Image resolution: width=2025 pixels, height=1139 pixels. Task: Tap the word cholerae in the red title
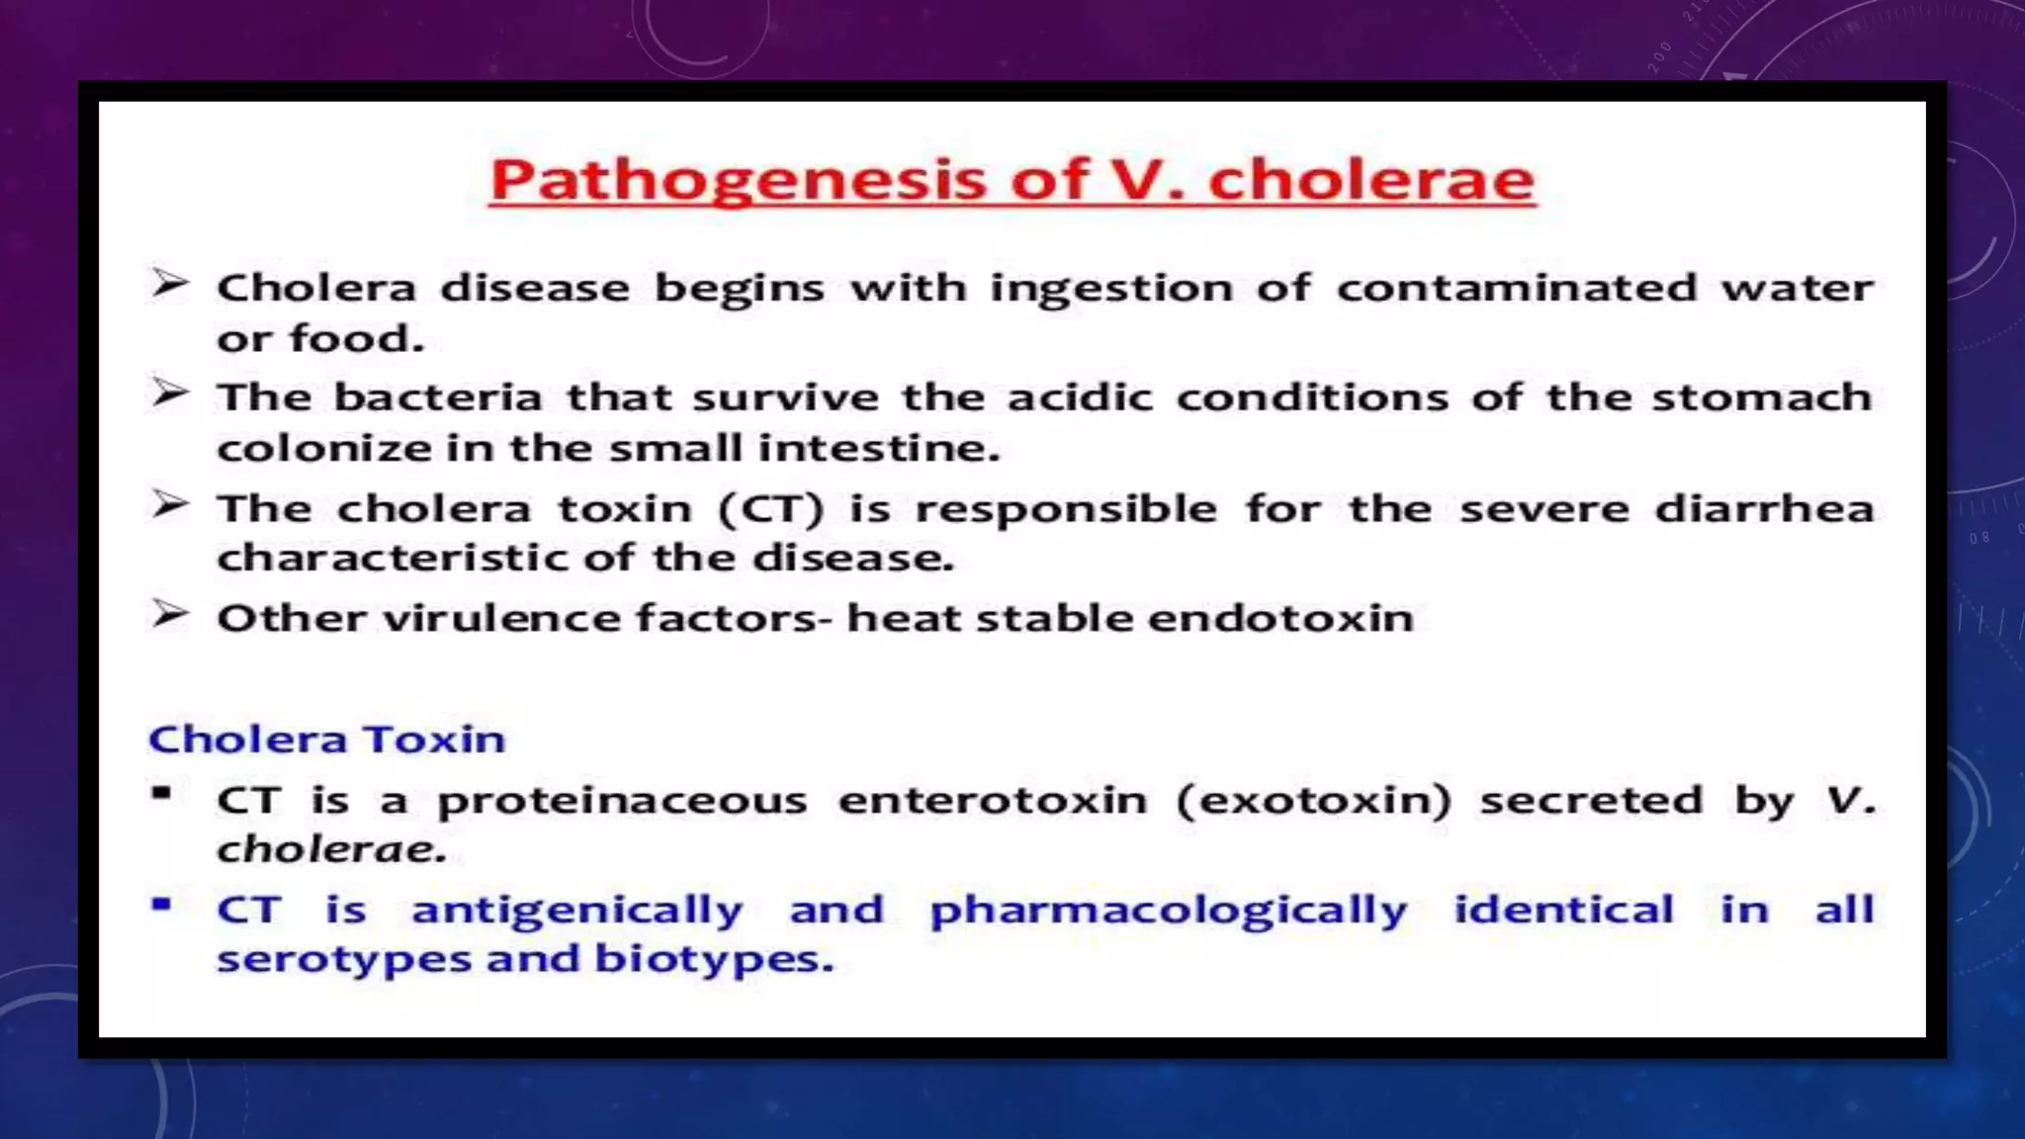pyautogui.click(x=1371, y=180)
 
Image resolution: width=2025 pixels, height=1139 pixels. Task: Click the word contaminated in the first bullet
pyautogui.click(x=1514, y=289)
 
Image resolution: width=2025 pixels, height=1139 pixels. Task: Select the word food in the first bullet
pyautogui.click(x=356, y=339)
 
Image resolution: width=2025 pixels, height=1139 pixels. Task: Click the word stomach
pyautogui.click(x=1761, y=397)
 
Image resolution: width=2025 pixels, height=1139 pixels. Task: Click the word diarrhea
pyautogui.click(x=1764, y=509)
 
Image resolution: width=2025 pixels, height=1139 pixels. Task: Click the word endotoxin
pyautogui.click(x=1279, y=619)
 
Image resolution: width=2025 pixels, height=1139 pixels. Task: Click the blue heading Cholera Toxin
pyautogui.click(x=326, y=740)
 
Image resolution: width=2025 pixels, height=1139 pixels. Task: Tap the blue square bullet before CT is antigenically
pyautogui.click(x=161, y=904)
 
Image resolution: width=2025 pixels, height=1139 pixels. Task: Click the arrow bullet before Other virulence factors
pyautogui.click(x=169, y=615)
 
